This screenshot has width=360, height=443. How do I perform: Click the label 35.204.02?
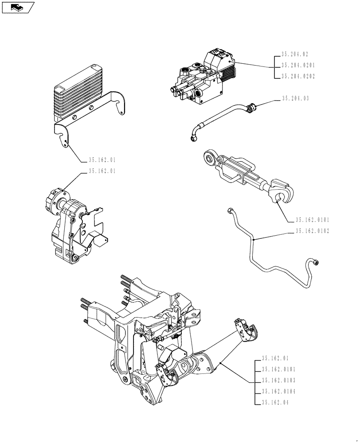point(295,55)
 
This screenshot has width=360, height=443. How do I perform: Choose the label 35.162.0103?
point(278,381)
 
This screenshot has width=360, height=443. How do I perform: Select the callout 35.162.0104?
point(278,392)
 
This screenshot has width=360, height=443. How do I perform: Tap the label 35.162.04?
point(275,403)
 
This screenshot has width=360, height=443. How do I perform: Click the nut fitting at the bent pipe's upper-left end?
point(230,210)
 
